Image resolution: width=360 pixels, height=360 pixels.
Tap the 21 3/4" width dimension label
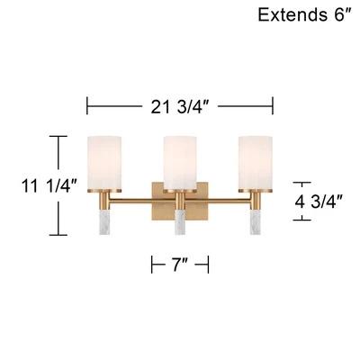(180, 105)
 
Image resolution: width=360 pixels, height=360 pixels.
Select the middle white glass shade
(180, 163)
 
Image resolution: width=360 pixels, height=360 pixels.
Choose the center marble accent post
(180, 222)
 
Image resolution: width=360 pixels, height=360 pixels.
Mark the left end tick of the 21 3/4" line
(86, 105)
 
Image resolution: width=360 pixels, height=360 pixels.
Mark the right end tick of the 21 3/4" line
(274, 105)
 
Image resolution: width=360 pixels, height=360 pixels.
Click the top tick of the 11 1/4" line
(58, 137)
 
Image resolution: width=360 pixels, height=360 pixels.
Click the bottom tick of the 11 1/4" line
(58, 235)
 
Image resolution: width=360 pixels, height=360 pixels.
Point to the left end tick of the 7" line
(151, 264)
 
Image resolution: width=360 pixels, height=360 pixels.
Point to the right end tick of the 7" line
(209, 264)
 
